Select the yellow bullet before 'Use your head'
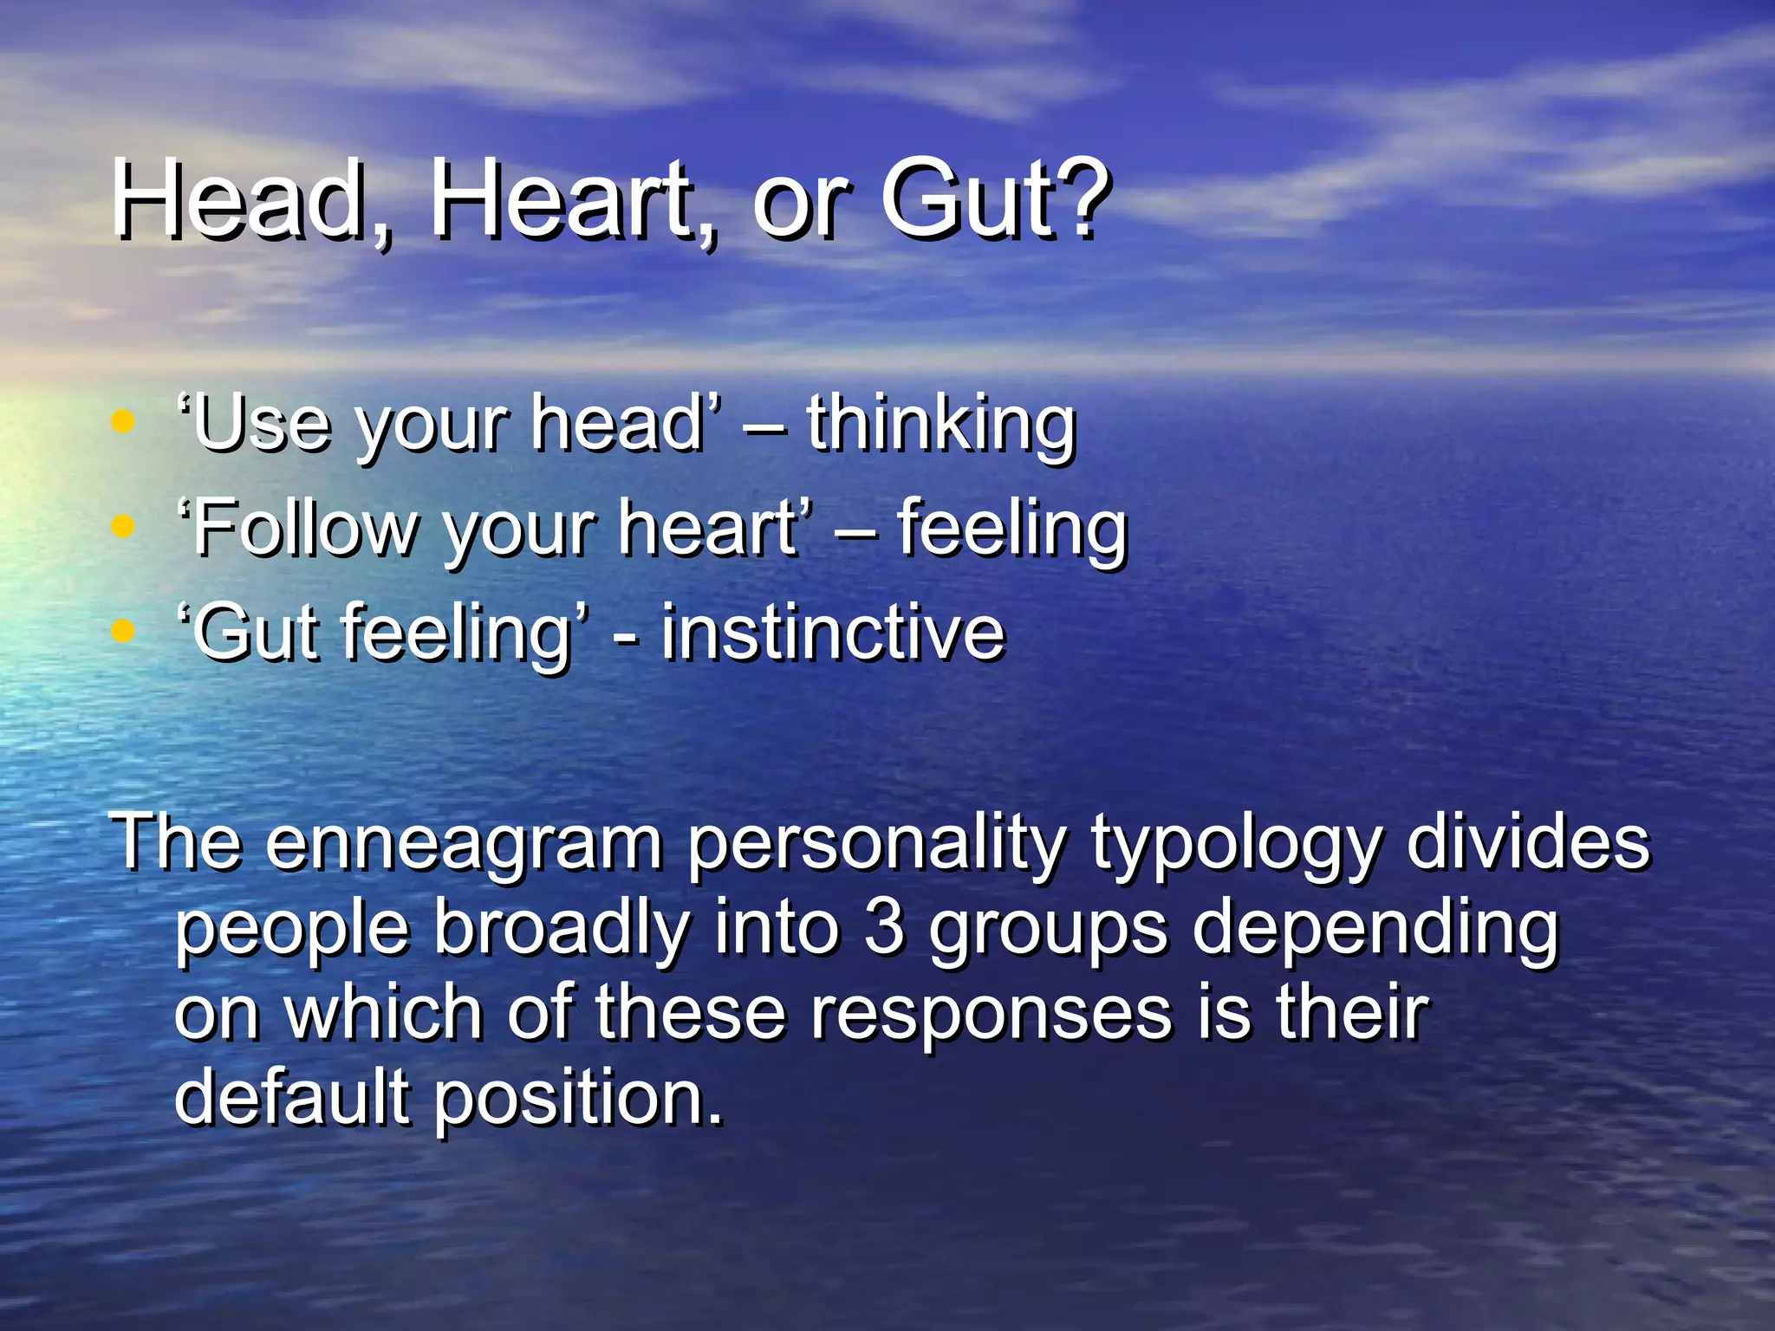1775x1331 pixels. [x=124, y=422]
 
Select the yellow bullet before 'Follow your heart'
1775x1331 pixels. [x=124, y=526]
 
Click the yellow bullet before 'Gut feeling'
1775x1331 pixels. [x=124, y=631]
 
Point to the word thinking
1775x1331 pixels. [x=940, y=425]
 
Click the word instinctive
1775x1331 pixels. [x=832, y=633]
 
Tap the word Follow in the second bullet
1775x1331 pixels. [x=303, y=529]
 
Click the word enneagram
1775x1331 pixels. [x=464, y=843]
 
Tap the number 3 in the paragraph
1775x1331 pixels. [x=884, y=927]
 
